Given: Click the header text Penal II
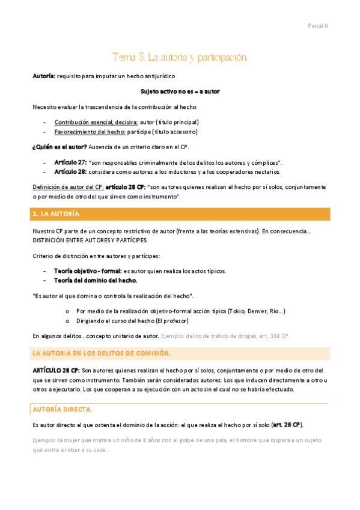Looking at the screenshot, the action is (317, 26).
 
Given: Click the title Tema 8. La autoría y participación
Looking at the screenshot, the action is (179, 57).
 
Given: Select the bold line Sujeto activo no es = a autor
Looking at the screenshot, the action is (180, 91).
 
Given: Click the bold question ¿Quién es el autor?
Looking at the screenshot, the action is (59, 147).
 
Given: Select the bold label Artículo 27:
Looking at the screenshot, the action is (70, 162).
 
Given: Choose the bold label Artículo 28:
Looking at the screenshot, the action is (70, 172).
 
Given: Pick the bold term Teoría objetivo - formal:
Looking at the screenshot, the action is (88, 271).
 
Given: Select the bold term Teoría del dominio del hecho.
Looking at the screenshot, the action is (95, 280).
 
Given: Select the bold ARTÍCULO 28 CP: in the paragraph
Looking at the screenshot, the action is (55, 370).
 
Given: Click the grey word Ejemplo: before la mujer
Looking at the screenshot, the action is (44, 440).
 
